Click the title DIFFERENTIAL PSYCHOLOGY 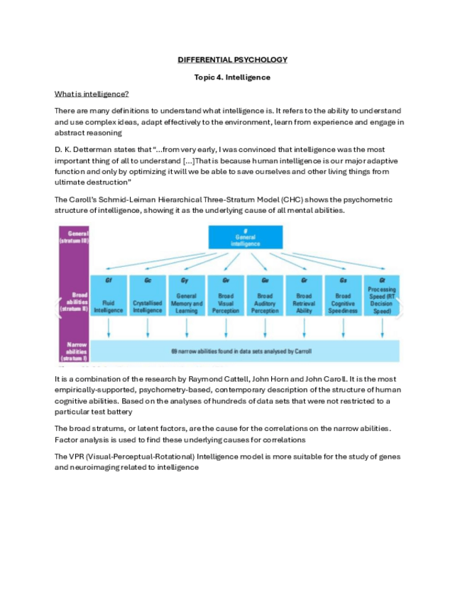[x=232, y=60]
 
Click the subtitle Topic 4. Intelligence [x=232, y=77]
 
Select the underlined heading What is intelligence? [x=92, y=94]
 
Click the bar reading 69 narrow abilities [x=245, y=351]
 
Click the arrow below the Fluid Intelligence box [x=109, y=327]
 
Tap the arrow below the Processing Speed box [x=382, y=327]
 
